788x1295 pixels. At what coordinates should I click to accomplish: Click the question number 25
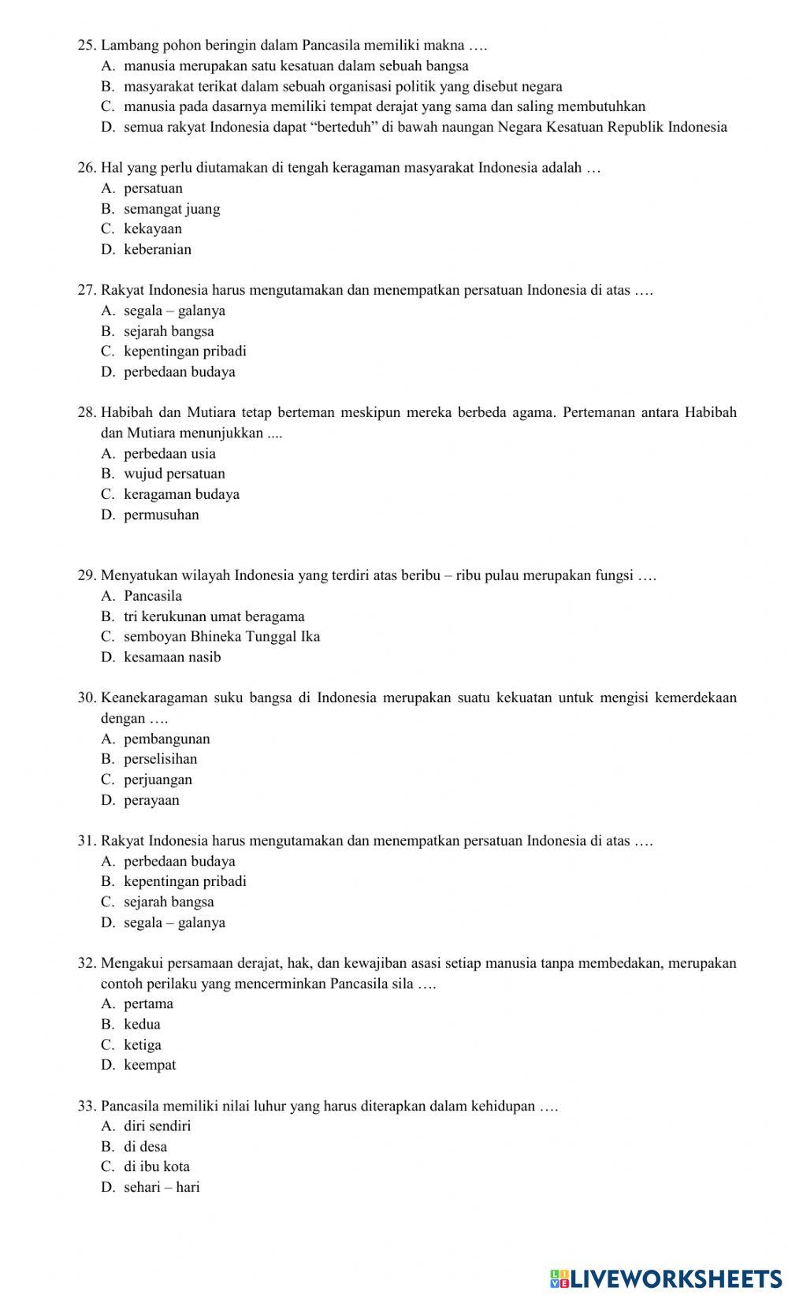coord(87,46)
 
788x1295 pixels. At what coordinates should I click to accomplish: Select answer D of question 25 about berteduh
coord(425,127)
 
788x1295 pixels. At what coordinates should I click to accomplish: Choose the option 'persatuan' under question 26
coord(153,188)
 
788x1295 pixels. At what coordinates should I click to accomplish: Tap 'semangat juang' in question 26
coord(172,209)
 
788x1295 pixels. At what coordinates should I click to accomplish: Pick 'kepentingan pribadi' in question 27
coord(184,351)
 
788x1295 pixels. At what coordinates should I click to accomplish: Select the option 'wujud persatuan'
coord(174,474)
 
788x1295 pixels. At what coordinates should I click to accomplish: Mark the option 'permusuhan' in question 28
coord(162,515)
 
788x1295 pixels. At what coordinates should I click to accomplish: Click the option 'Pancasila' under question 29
coord(153,596)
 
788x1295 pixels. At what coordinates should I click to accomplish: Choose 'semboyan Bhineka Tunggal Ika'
coord(221,636)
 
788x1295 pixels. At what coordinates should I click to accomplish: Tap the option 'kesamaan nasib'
coord(173,657)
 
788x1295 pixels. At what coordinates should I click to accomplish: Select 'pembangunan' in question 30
coord(167,739)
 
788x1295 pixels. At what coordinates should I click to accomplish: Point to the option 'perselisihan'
coord(161,759)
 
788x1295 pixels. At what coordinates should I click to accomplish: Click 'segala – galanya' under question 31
coord(174,922)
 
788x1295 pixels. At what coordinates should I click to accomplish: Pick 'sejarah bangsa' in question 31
coord(169,902)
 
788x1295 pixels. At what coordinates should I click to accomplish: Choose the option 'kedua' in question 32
coord(142,1024)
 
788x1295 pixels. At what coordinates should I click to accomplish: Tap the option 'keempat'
coord(150,1065)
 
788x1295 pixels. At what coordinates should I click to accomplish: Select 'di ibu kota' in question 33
coord(157,1167)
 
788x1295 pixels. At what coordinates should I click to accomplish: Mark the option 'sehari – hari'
coord(162,1187)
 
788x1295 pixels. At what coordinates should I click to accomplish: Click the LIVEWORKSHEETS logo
coord(665,1278)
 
